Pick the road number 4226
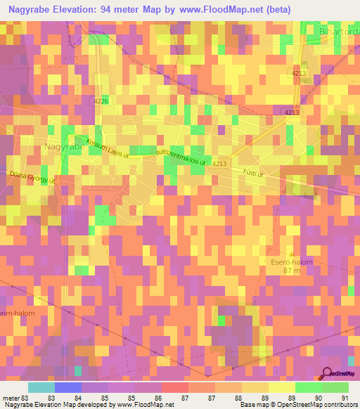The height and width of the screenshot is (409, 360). pos(101,102)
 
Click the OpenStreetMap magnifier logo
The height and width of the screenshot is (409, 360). pos(328,374)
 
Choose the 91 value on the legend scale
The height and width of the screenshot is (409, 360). pos(345,397)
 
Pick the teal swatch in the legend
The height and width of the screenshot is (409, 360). pos(41,387)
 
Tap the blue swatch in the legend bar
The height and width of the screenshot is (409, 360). pos(68,387)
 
